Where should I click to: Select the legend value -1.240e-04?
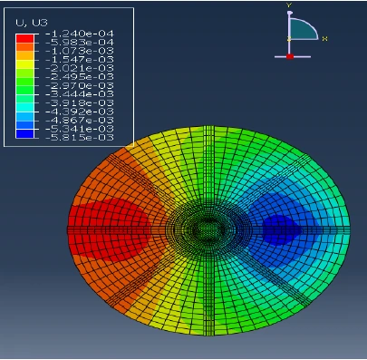[x=80, y=34]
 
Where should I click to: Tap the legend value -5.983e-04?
[x=80, y=42]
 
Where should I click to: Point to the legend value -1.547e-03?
[x=80, y=59]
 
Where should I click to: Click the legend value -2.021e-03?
[x=80, y=68]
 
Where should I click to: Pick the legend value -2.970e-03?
[x=80, y=85]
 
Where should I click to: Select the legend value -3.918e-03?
[x=80, y=102]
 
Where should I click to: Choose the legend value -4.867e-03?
[x=80, y=121]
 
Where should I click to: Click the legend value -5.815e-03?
[x=80, y=138]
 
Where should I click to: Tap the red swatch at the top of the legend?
[x=24, y=38]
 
